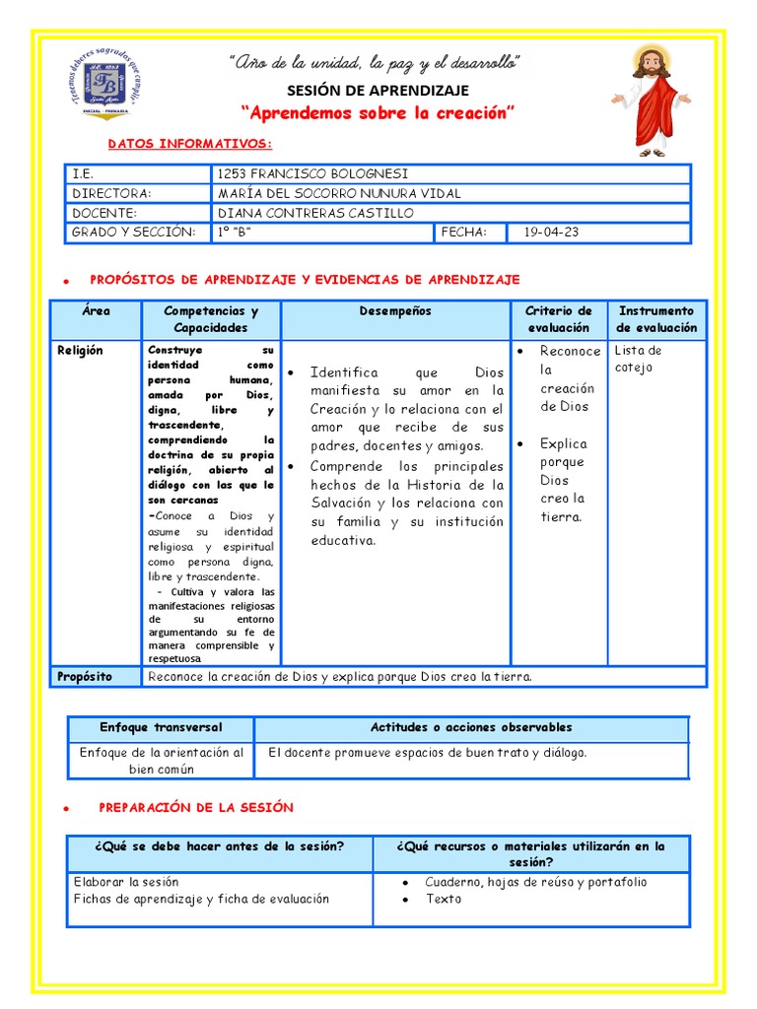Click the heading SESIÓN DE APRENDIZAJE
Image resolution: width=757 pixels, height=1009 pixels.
pyautogui.click(x=377, y=91)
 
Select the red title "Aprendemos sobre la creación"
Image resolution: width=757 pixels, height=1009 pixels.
pyautogui.click(x=378, y=114)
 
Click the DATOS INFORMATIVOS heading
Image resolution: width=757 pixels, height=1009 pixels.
pyautogui.click(x=189, y=144)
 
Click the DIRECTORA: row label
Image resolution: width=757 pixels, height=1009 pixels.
pyautogui.click(x=111, y=193)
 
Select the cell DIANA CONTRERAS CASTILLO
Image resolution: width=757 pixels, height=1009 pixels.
pyautogui.click(x=315, y=213)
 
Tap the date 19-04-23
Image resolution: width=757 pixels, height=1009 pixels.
pyautogui.click(x=551, y=233)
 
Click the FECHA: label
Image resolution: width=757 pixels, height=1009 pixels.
pyautogui.click(x=464, y=233)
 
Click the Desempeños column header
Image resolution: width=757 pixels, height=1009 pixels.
pyautogui.click(x=395, y=311)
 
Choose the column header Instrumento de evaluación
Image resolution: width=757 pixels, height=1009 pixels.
pyautogui.click(x=656, y=319)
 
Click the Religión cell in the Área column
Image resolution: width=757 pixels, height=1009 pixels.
pyautogui.click(x=80, y=351)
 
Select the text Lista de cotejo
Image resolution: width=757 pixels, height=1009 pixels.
pyautogui.click(x=639, y=359)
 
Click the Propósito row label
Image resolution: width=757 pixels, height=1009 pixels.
pyautogui.click(x=85, y=677)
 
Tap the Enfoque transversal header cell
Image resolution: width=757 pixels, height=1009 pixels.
pyautogui.click(x=161, y=728)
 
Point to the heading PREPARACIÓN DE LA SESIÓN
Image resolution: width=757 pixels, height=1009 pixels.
pyautogui.click(x=196, y=807)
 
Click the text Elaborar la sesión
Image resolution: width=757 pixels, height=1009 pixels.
pyautogui.click(x=126, y=882)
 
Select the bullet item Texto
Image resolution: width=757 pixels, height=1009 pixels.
pyautogui.click(x=444, y=899)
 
